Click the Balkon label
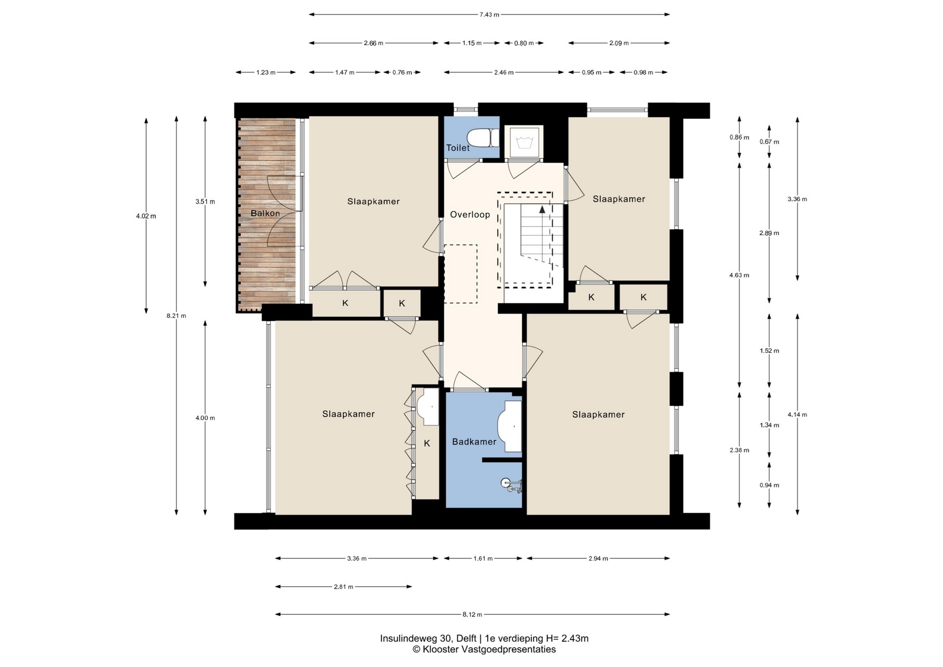click(265, 213)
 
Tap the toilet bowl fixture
click(483, 138)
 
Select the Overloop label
click(470, 215)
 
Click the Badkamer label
click(474, 442)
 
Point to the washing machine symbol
click(524, 142)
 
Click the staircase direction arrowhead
click(542, 209)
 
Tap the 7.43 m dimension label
click(489, 15)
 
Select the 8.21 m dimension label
click(176, 316)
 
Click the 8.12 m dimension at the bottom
click(472, 614)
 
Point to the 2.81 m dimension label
click(343, 587)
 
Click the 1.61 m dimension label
click(483, 558)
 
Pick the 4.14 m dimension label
click(797, 415)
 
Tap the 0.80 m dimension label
click(524, 43)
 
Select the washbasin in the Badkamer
click(509, 426)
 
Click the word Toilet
click(458, 148)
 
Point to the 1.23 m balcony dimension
click(266, 73)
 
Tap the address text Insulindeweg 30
click(416, 639)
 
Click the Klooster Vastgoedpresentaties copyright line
click(484, 649)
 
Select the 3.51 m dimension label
click(205, 201)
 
